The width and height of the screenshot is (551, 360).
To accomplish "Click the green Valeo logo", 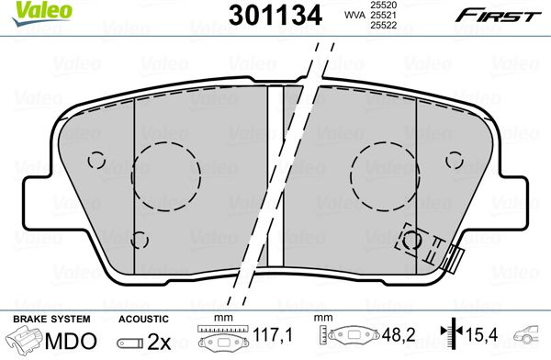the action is coord(42,14).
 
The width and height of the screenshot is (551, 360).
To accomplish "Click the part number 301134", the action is coord(275,16).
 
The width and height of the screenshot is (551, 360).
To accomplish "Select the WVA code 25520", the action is coord(382,5).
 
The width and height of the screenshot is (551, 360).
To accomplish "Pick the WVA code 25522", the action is coord(382,25).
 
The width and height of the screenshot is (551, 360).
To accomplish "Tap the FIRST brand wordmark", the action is coord(499,17).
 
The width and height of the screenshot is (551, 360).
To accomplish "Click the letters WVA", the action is coord(354,15).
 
